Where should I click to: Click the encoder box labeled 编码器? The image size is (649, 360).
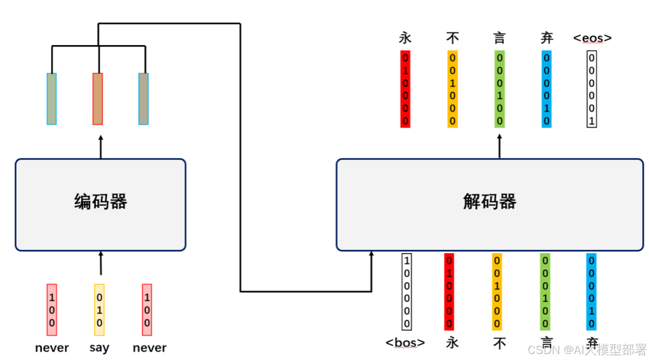click(x=100, y=204)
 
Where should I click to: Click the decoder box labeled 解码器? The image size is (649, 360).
click(x=489, y=204)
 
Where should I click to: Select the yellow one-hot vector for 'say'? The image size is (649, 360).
click(x=99, y=310)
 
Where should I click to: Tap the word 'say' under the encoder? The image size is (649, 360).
click(x=99, y=347)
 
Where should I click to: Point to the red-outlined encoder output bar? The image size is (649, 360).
click(x=97, y=99)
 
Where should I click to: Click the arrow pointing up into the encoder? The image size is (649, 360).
click(x=100, y=264)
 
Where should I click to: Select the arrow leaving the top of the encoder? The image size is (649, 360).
click(x=100, y=147)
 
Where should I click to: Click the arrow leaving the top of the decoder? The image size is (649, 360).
click(x=499, y=146)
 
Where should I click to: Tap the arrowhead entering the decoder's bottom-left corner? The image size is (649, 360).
click(x=371, y=256)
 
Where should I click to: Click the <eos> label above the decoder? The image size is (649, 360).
click(x=592, y=38)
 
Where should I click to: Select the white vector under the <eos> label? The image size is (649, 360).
click(x=592, y=89)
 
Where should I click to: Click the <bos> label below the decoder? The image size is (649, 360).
click(x=405, y=343)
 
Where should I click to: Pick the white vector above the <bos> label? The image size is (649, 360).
click(x=407, y=291)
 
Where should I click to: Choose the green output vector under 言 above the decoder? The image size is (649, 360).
click(x=499, y=89)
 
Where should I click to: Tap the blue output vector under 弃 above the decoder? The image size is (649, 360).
click(x=546, y=89)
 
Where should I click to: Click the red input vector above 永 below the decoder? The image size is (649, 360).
click(x=449, y=291)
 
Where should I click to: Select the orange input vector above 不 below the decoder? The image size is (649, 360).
click(x=497, y=291)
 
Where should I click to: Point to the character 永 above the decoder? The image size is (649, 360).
click(x=405, y=38)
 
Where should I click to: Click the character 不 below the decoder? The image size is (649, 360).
click(x=499, y=343)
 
